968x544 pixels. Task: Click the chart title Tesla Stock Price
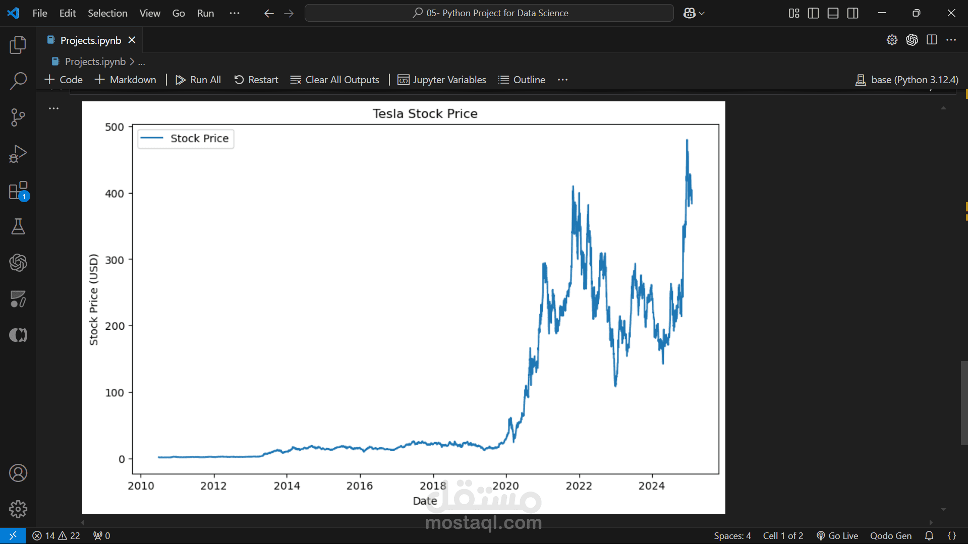tap(425, 113)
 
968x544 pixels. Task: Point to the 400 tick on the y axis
tap(115, 194)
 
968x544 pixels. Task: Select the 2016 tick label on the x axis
tap(360, 486)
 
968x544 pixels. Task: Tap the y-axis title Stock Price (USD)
tap(93, 299)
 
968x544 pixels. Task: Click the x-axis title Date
tap(425, 501)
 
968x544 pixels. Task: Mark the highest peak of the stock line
tap(687, 141)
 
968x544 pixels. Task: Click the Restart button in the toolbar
tap(256, 80)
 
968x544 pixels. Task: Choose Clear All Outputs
tap(335, 80)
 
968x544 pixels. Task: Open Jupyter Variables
tap(442, 80)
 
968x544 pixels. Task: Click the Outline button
tap(522, 80)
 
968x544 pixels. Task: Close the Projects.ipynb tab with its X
tap(132, 40)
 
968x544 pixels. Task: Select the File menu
tap(40, 13)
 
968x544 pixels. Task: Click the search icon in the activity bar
tap(18, 81)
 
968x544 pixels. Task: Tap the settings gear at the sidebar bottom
tap(18, 509)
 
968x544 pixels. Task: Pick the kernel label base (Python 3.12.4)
tap(907, 80)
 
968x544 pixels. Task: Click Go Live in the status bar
tap(837, 535)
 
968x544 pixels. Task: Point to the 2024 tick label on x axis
tap(652, 486)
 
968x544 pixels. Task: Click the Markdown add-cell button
tap(126, 80)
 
